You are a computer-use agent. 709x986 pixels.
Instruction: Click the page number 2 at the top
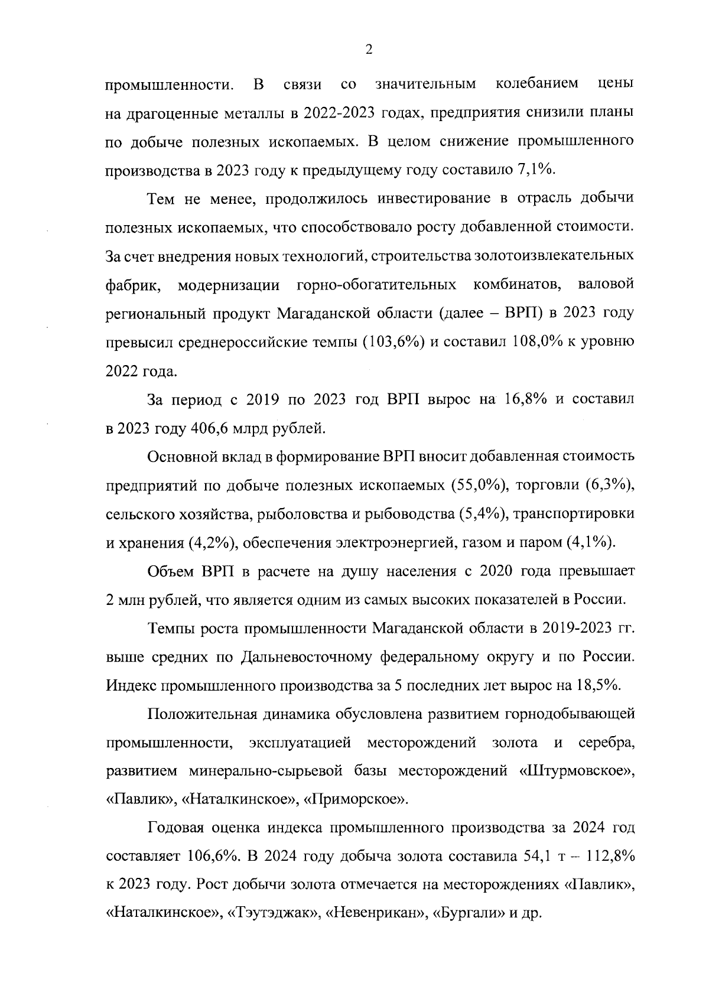click(x=369, y=51)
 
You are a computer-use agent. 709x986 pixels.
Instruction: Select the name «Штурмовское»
click(x=580, y=771)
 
